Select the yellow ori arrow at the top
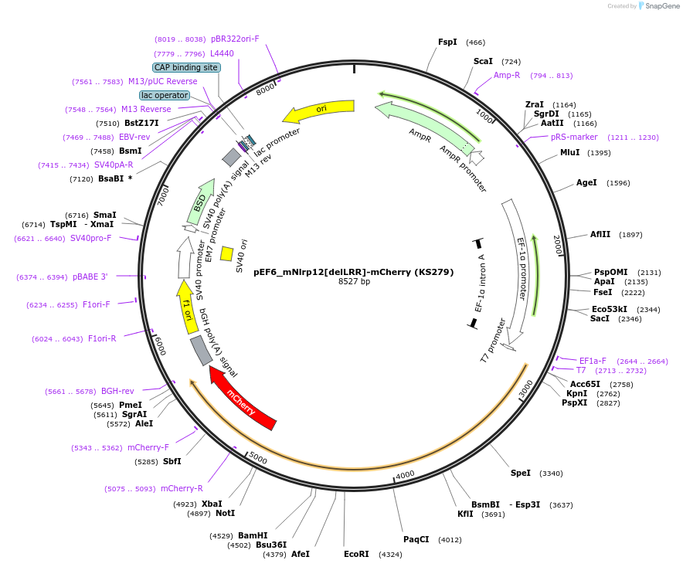point(320,110)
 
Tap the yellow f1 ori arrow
point(186,307)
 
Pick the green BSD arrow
point(201,202)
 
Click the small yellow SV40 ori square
point(226,253)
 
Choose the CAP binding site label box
point(186,67)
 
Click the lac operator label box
point(165,95)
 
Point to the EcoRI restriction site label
point(356,554)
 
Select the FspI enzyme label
point(447,42)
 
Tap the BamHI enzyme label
point(253,535)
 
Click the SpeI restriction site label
point(521,473)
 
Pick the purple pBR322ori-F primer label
point(235,39)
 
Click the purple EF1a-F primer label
point(593,361)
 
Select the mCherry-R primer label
point(182,488)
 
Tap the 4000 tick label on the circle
point(405,474)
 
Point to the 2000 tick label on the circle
point(558,245)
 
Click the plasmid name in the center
point(354,272)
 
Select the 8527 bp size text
point(354,281)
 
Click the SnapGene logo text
point(661,6)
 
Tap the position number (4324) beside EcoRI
point(390,555)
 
